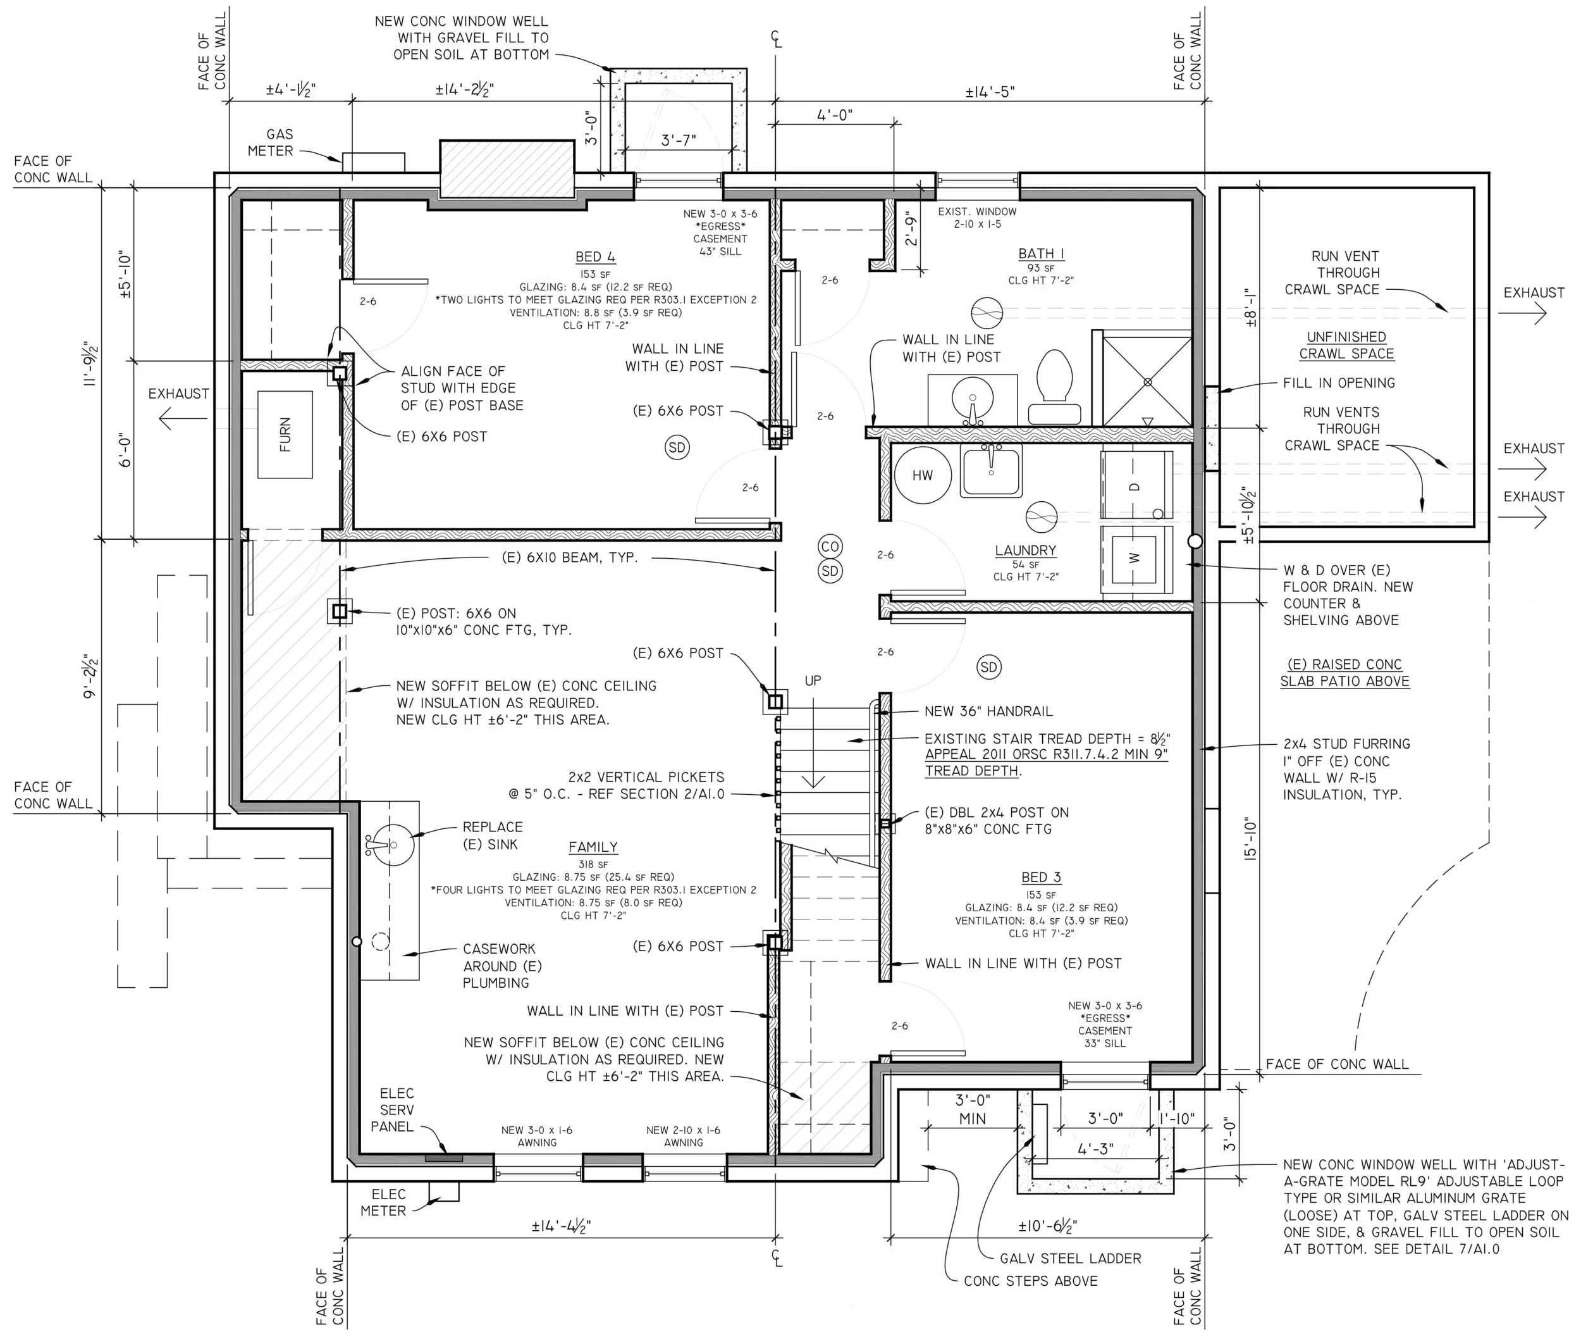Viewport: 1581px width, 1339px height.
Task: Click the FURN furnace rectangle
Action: (285, 434)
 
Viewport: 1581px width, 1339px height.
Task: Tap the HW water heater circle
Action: (923, 475)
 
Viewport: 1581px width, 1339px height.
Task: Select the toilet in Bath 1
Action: (1054, 387)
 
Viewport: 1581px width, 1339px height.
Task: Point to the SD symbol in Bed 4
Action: (677, 447)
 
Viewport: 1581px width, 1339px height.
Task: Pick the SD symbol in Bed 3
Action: (988, 667)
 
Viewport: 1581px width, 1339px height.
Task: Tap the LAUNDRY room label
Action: (1026, 551)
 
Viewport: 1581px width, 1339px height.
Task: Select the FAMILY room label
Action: (593, 847)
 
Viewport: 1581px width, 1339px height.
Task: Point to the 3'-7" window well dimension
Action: (678, 140)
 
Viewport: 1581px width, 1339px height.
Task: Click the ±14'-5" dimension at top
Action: (990, 92)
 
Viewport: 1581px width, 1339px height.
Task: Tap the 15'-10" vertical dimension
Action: (1251, 838)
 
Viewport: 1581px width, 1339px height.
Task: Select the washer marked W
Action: (1135, 559)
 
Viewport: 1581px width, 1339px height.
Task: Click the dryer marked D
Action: (1135, 486)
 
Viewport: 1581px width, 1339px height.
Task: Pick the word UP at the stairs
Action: (813, 681)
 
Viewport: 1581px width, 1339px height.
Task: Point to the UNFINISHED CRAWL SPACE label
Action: (1346, 346)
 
